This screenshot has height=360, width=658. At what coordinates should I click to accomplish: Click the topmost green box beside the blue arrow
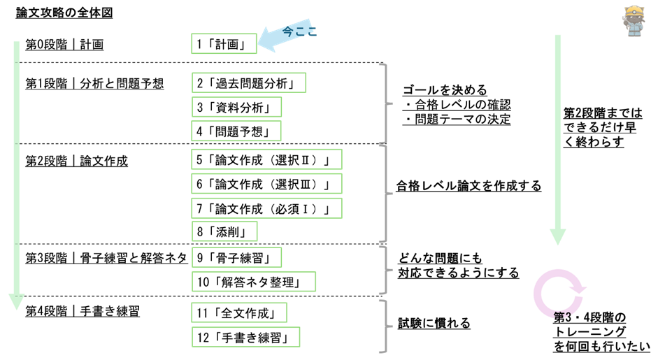click(224, 43)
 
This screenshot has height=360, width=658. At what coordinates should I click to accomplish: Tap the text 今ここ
click(299, 31)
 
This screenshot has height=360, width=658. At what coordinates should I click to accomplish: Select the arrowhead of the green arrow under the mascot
click(557, 237)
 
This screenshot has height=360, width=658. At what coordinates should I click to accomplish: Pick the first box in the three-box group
click(249, 82)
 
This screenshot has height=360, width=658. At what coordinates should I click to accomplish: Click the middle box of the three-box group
click(236, 107)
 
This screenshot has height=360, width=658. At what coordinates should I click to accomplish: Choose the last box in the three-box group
click(236, 131)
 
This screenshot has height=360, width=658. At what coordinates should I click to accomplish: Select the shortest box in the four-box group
click(224, 231)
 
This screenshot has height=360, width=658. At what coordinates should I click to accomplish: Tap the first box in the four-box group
click(266, 159)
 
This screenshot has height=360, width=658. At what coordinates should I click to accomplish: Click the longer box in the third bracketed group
click(254, 282)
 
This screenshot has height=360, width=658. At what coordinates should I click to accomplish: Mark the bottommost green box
click(245, 337)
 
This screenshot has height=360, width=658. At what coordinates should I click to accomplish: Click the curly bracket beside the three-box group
click(384, 103)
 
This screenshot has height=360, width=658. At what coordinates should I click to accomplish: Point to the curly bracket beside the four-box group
click(384, 193)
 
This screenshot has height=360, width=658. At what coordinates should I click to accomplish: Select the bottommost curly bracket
click(384, 326)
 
